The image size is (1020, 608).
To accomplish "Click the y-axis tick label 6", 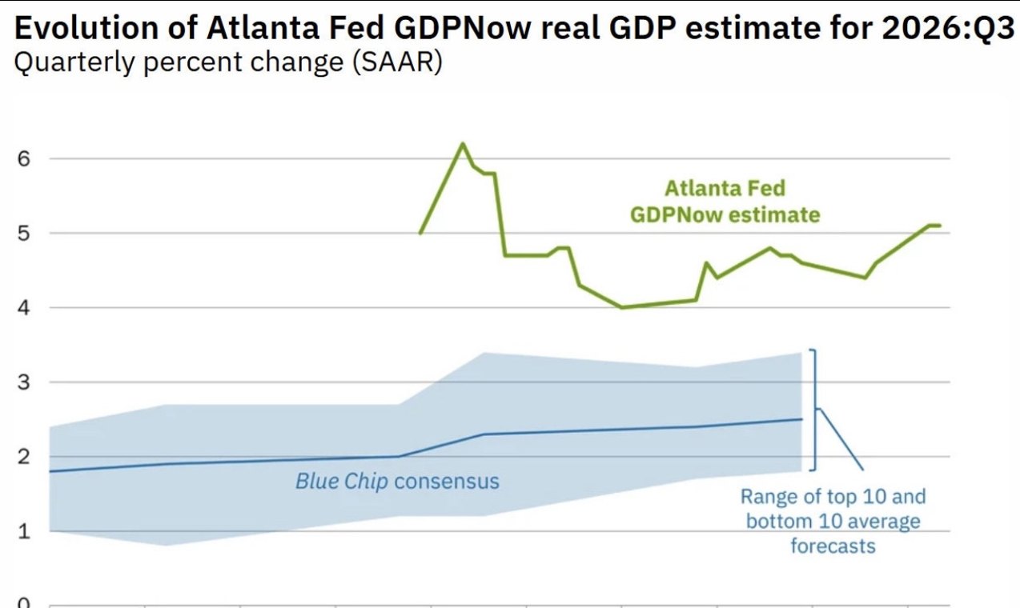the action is point(24,159).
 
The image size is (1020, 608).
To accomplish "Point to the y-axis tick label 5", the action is point(24,234).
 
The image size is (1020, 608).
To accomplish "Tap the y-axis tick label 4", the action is point(24,308).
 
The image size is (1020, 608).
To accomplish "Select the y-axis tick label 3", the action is point(24,382).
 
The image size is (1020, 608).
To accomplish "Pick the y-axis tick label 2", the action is point(24,457).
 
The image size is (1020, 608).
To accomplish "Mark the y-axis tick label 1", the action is point(24,531).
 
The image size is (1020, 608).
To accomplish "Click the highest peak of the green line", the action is point(463,144).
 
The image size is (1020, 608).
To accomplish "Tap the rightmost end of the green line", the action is point(940,226).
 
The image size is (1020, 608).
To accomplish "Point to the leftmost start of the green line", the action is point(420,234).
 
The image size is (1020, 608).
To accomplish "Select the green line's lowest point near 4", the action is point(622,308).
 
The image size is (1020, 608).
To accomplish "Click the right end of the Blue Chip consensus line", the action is point(801,419).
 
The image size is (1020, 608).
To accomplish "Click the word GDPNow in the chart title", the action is point(463,28).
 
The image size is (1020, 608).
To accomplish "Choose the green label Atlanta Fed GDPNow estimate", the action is point(725,202).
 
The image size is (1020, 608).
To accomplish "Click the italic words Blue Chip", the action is point(342,481).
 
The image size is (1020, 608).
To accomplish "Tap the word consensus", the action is point(447,482).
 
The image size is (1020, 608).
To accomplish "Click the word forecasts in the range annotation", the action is point(833,546).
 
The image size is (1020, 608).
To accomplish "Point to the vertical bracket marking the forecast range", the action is point(815,410).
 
